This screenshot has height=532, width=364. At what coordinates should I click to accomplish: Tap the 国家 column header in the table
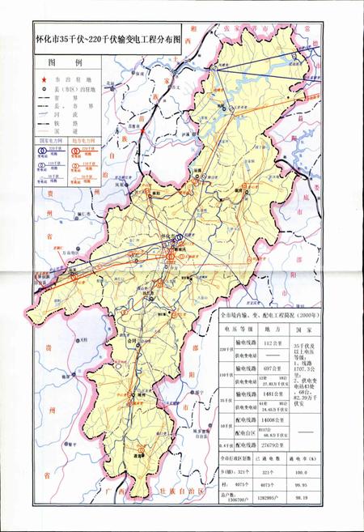click(x=304, y=330)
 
